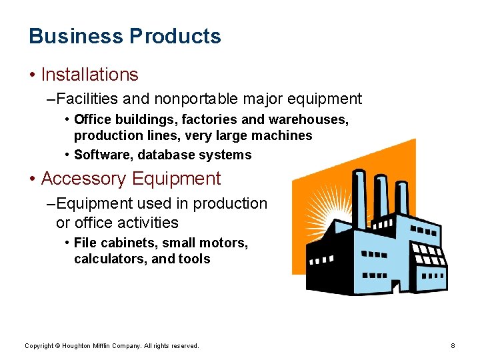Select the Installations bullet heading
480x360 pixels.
[89, 75]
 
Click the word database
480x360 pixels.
[167, 155]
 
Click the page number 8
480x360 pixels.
[453, 345]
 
